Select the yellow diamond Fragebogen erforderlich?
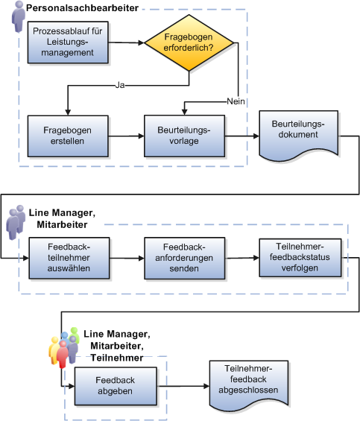click(189, 42)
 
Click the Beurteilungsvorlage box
click(184, 135)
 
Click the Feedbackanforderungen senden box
click(184, 258)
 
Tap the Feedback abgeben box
click(115, 386)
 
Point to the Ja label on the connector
click(119, 86)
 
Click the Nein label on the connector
click(237, 100)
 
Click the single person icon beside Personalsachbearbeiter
click(17, 16)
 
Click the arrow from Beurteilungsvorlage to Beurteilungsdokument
click(240, 136)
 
